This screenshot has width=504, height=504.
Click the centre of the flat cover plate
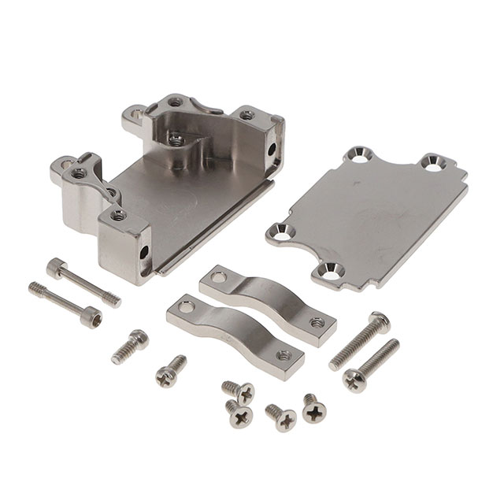tap(367, 212)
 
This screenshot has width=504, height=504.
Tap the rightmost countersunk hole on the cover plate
tap(434, 163)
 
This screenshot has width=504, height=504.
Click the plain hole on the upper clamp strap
tap(220, 277)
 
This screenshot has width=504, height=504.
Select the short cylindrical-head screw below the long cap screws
tap(129, 346)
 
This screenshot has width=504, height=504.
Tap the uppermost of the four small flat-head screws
tap(239, 390)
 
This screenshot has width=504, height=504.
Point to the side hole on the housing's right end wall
tap(272, 148)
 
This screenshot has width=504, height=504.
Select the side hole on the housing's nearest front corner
tap(145, 254)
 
